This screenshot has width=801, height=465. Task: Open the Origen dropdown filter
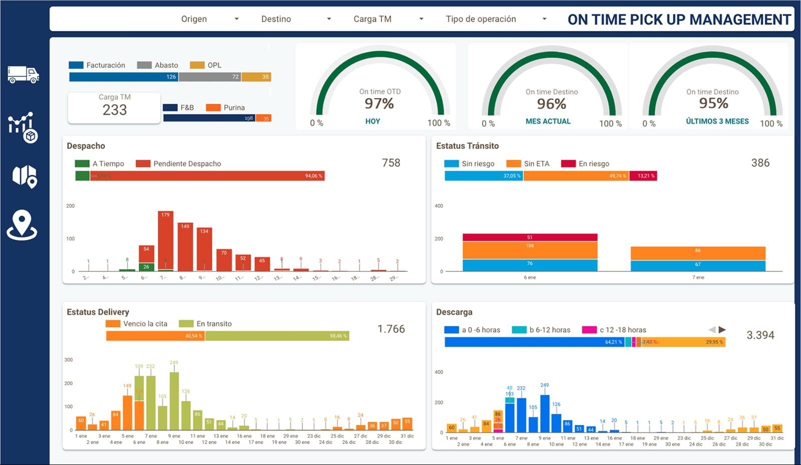pyautogui.click(x=209, y=19)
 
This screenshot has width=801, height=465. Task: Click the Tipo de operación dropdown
pyautogui.click(x=496, y=19)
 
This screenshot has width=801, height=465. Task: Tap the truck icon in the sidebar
pyautogui.click(x=23, y=75)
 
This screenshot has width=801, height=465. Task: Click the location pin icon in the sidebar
pyautogui.click(x=22, y=225)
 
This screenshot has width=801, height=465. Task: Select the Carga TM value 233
pyautogui.click(x=115, y=110)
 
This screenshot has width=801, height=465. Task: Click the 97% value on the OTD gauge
pyautogui.click(x=379, y=104)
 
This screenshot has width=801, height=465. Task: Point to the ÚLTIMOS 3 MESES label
pyautogui.click(x=717, y=121)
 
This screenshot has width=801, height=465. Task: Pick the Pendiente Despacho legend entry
pyautogui.click(x=178, y=164)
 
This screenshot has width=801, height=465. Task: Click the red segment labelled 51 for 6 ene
pyautogui.click(x=530, y=237)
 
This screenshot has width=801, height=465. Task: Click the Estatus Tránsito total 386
pyautogui.click(x=760, y=163)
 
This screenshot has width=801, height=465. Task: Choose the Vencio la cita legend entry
pyautogui.click(x=137, y=324)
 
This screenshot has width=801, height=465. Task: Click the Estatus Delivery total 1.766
pyautogui.click(x=391, y=329)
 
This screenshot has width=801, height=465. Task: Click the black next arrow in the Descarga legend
pyautogui.click(x=722, y=329)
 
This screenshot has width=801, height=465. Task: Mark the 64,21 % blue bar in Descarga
pyautogui.click(x=534, y=342)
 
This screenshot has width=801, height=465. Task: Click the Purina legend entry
pyautogui.click(x=225, y=108)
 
